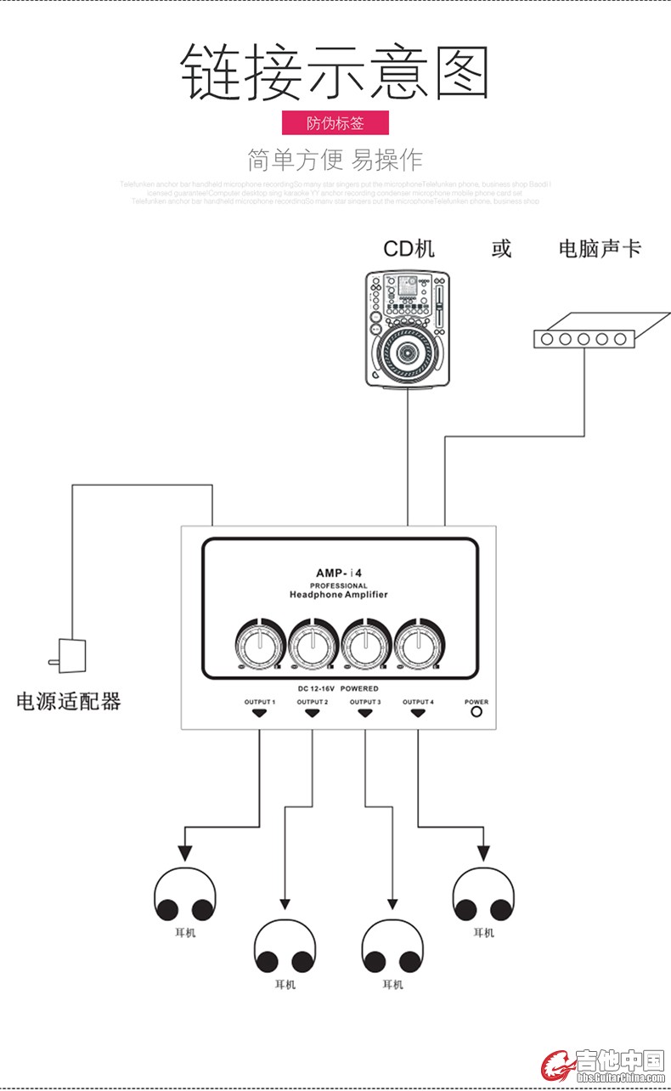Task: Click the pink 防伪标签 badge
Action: click(x=335, y=122)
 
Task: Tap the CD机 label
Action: click(x=409, y=248)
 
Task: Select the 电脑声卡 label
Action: click(x=600, y=248)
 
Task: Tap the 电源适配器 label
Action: click(x=69, y=701)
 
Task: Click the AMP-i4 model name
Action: click(x=338, y=573)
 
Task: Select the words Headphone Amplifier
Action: click(x=338, y=595)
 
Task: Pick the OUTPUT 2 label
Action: click(x=312, y=702)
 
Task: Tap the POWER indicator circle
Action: click(x=476, y=712)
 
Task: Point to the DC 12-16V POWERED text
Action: click(x=338, y=688)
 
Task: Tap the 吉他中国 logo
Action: click(x=605, y=1065)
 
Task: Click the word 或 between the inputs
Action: click(x=501, y=248)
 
